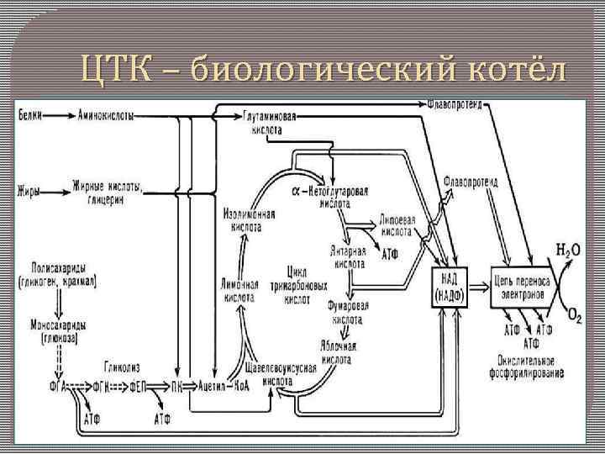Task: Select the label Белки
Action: coord(30,113)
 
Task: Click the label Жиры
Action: coord(29,191)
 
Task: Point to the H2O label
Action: coord(569,250)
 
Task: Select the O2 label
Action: coord(574,316)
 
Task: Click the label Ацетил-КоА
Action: coord(223,386)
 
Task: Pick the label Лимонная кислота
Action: coord(240,289)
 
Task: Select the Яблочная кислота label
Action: coord(339,351)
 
